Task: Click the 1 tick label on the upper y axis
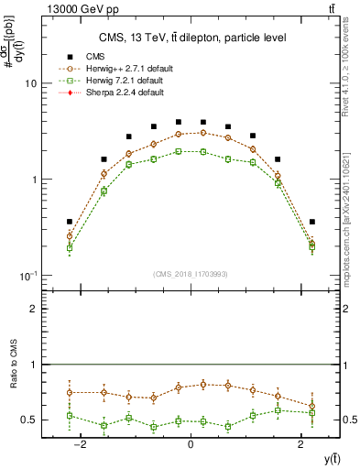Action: coord(34,180)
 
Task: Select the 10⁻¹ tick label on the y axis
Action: coord(29,276)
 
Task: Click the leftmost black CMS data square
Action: coord(70,222)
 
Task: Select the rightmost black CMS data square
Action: coord(311,222)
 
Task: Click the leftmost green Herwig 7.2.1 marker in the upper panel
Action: coord(70,247)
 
